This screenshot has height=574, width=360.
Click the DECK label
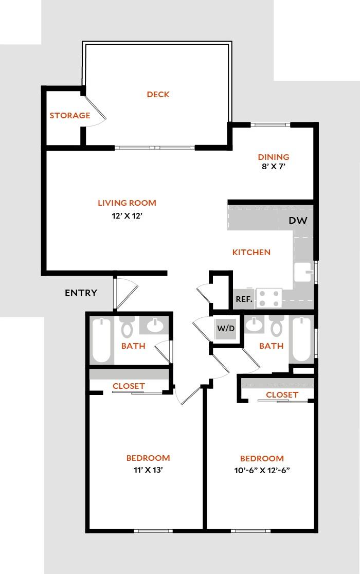(158, 95)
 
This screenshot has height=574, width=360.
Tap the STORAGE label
(69, 116)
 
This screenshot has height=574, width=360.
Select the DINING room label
(273, 157)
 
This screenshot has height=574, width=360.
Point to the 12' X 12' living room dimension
(127, 217)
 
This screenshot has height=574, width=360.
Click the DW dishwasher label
(298, 221)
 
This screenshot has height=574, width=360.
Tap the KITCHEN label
(251, 253)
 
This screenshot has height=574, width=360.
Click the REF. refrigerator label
(244, 299)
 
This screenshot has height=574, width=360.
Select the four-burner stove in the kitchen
(269, 298)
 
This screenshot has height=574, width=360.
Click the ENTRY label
(81, 293)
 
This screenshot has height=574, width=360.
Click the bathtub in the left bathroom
(101, 340)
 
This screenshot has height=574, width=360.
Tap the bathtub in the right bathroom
(300, 339)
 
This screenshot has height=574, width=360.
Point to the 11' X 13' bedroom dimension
(148, 470)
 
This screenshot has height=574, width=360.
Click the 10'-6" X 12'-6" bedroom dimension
(262, 470)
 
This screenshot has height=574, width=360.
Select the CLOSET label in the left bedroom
(129, 386)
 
